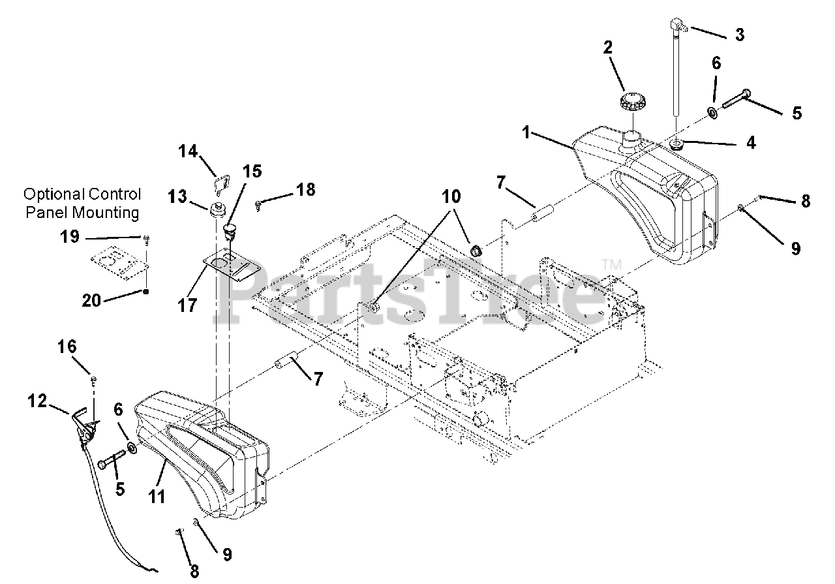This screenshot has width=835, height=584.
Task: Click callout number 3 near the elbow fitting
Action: (740, 35)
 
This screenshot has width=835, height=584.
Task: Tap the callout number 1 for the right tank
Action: (526, 132)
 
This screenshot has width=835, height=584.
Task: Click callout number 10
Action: (451, 196)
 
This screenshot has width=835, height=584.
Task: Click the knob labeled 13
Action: (217, 209)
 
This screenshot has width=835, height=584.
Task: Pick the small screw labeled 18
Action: (258, 205)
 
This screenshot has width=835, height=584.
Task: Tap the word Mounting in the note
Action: (106, 213)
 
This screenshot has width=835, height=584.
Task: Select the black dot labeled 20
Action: (146, 292)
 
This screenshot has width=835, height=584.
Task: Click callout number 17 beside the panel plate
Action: (187, 306)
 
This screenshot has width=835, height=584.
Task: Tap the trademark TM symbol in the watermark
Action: (612, 264)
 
